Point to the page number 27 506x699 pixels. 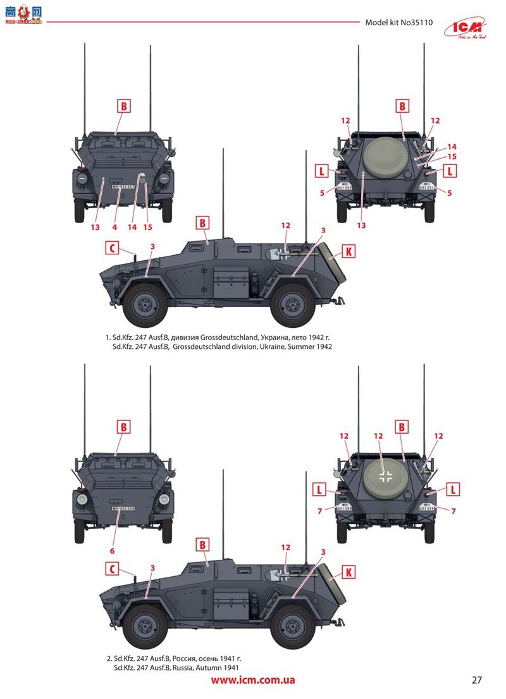point(477,681)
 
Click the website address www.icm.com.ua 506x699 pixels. point(253,681)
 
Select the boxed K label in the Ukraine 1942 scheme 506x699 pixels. point(348,251)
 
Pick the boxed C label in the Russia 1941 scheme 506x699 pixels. point(111,569)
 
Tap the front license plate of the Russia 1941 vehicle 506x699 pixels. point(123,508)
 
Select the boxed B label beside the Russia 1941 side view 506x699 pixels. point(202,544)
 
